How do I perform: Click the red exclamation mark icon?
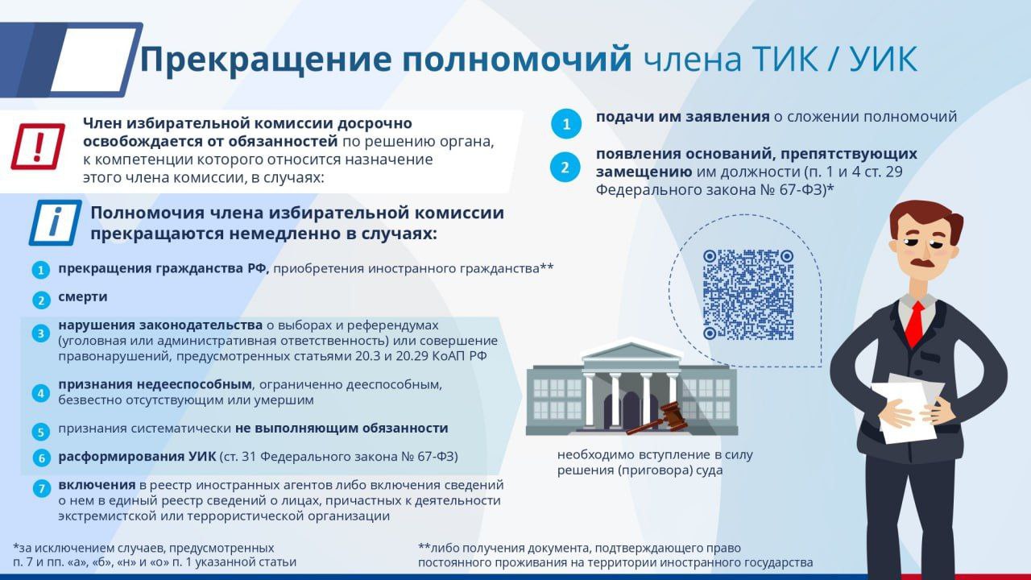pyautogui.click(x=38, y=147)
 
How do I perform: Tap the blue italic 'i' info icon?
pyautogui.click(x=56, y=222)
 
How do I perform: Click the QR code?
pyautogui.click(x=748, y=295)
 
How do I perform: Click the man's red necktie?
pyautogui.click(x=914, y=325)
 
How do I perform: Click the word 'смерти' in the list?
pyautogui.click(x=83, y=297)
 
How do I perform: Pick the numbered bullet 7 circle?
pyautogui.click(x=41, y=488)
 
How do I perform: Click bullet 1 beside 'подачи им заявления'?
pyautogui.click(x=566, y=124)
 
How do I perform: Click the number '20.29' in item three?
pyautogui.click(x=412, y=356)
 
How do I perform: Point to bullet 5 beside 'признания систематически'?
pyautogui.click(x=41, y=432)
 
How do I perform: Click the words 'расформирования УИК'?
pyautogui.click(x=137, y=457)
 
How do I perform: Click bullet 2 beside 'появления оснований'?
pyautogui.click(x=565, y=167)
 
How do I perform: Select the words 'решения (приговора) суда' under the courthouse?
pyautogui.click(x=640, y=470)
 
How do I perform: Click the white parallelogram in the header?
pyautogui.click(x=94, y=60)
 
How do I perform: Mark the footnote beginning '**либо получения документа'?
pyautogui.click(x=615, y=555)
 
